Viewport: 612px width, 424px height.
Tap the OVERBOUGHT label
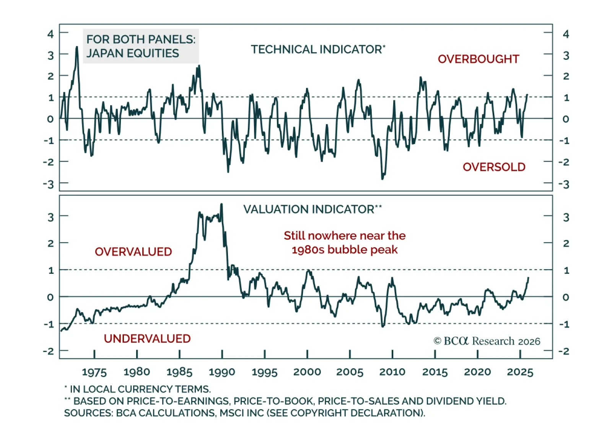click(478, 59)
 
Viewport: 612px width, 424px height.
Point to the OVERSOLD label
click(494, 167)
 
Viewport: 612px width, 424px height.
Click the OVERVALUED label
click(133, 252)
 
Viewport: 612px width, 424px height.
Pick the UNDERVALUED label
click(147, 339)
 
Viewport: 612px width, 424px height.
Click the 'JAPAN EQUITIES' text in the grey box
click(132, 53)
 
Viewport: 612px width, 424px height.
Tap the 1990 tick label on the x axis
click(222, 372)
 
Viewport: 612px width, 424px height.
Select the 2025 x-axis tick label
click(520, 372)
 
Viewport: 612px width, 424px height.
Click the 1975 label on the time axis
click(94, 372)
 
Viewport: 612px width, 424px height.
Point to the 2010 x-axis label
click(392, 372)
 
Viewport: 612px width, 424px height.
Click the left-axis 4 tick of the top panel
click(50, 34)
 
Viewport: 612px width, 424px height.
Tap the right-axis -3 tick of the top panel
click(564, 184)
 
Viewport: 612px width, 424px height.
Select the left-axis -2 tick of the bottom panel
click(49, 351)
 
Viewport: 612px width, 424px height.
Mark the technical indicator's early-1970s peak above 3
click(77, 47)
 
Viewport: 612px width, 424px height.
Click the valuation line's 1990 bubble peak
click(221, 205)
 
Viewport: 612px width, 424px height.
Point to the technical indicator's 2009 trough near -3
click(382, 178)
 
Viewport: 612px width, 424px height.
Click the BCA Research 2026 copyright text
click(487, 341)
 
